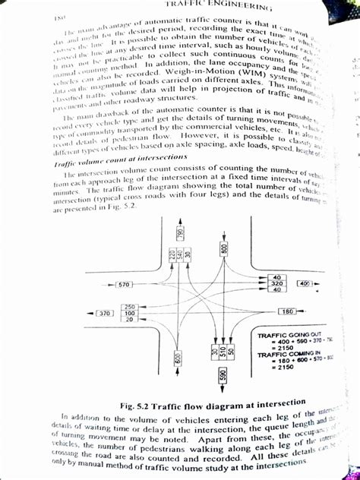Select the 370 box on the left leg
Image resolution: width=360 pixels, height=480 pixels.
pyautogui.click(x=105, y=313)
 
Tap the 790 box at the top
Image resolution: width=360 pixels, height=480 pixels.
pyautogui.click(x=180, y=234)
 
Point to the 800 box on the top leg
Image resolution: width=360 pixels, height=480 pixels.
pyautogui.click(x=225, y=248)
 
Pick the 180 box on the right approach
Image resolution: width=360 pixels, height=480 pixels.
pyautogui.click(x=287, y=311)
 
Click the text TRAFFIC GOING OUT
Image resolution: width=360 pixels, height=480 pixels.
pyautogui.click(x=284, y=335)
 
